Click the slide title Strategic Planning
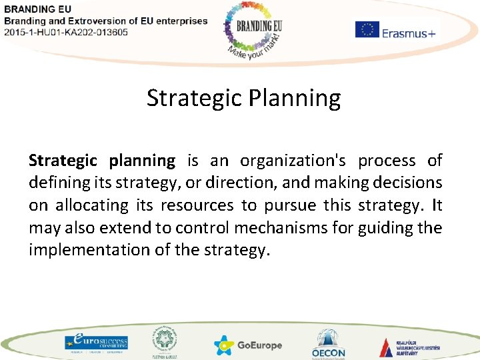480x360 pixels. coord(243,98)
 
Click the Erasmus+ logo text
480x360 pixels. coord(408,33)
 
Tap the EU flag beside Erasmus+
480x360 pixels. coord(367,30)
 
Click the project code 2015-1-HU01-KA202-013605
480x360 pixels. coord(66,33)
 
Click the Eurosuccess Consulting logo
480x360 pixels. coord(96,342)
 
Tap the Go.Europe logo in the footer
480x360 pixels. coord(249,345)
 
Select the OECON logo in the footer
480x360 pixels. coord(328,344)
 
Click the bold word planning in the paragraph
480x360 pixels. coord(141,161)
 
